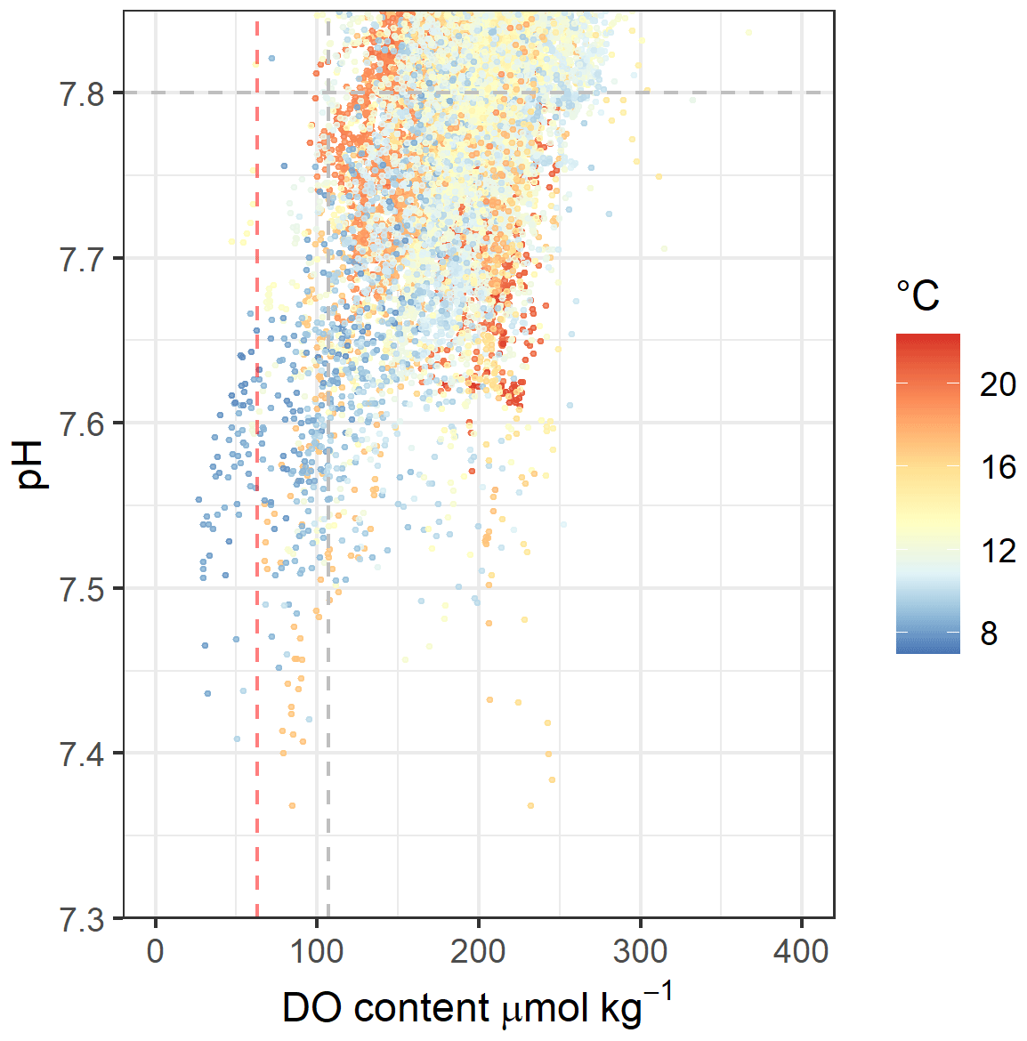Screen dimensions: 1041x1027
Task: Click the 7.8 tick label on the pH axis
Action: [80, 93]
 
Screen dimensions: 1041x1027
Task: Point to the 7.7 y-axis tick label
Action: [80, 259]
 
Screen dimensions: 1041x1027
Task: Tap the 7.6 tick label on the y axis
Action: [80, 424]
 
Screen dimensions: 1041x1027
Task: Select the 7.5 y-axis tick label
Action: [80, 589]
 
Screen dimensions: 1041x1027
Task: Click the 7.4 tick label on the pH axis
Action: [80, 754]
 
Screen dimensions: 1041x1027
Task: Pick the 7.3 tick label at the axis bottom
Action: [80, 918]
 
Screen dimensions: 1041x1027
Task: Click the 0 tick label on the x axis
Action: [156, 951]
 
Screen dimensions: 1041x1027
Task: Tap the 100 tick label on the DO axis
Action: [317, 951]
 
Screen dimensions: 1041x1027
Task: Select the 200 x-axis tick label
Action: [479, 951]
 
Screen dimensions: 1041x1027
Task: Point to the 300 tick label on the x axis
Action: [641, 951]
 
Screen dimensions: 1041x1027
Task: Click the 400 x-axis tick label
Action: [802, 951]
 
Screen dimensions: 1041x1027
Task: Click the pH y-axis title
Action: [32, 464]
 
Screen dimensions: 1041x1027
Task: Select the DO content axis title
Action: [477, 1007]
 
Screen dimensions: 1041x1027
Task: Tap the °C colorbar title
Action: [918, 295]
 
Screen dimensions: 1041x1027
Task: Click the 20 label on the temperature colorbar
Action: [998, 384]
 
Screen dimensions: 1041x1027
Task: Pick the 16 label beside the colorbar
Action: [998, 467]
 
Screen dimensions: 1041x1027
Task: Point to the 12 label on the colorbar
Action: [998, 551]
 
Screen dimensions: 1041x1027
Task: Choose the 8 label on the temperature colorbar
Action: [989, 633]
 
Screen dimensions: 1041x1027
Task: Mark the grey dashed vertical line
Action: [328, 801]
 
